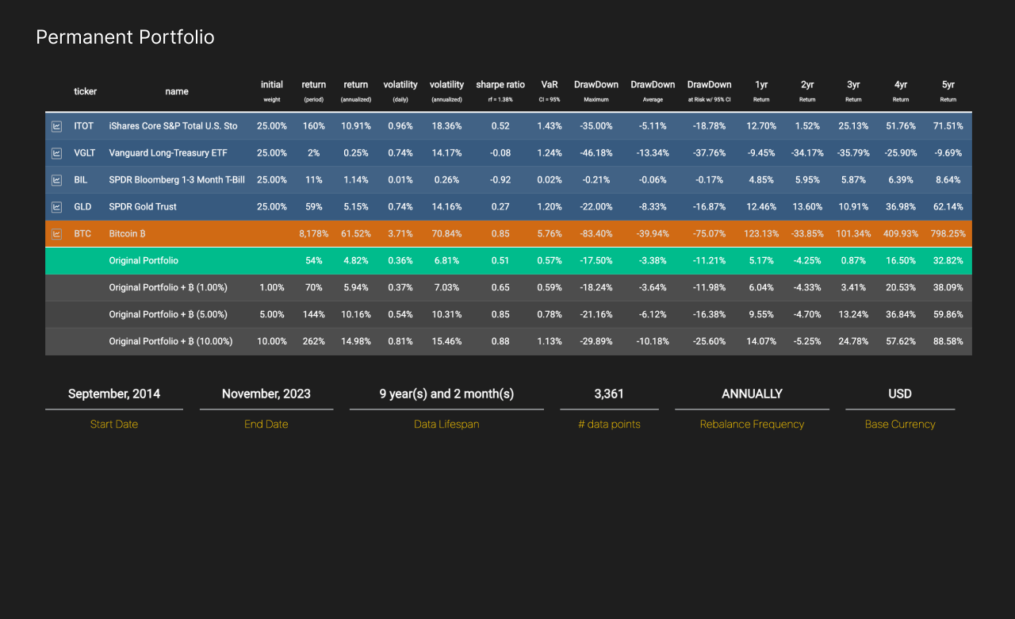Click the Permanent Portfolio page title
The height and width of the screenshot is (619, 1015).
[x=125, y=37]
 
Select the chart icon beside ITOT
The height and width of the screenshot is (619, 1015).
[x=57, y=126]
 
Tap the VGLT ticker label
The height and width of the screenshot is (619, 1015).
[x=84, y=153]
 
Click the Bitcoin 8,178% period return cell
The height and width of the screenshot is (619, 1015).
[x=313, y=234]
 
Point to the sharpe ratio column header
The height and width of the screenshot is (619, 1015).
[x=500, y=85]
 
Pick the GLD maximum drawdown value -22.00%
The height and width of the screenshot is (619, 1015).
[x=596, y=207]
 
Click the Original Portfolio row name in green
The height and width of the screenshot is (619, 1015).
[x=144, y=260]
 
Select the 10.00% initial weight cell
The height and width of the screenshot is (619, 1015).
[x=271, y=341]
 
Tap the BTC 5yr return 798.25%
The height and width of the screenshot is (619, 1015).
[x=948, y=234]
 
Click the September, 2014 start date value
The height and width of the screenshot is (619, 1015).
[x=114, y=394]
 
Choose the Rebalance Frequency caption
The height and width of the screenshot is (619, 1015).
[x=752, y=425]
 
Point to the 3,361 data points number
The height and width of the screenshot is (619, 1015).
[x=609, y=394]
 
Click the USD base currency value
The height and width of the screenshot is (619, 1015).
[x=900, y=394]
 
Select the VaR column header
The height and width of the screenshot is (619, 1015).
[x=550, y=85]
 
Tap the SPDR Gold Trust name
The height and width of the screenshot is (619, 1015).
[x=143, y=207]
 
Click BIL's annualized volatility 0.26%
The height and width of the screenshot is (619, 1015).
[x=446, y=180]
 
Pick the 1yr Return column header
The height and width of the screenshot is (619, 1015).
[x=761, y=85]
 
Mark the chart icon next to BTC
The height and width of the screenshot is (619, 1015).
[x=57, y=234]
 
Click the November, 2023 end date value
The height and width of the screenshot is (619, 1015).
[x=266, y=394]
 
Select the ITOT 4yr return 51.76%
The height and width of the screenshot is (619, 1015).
[x=900, y=126]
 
